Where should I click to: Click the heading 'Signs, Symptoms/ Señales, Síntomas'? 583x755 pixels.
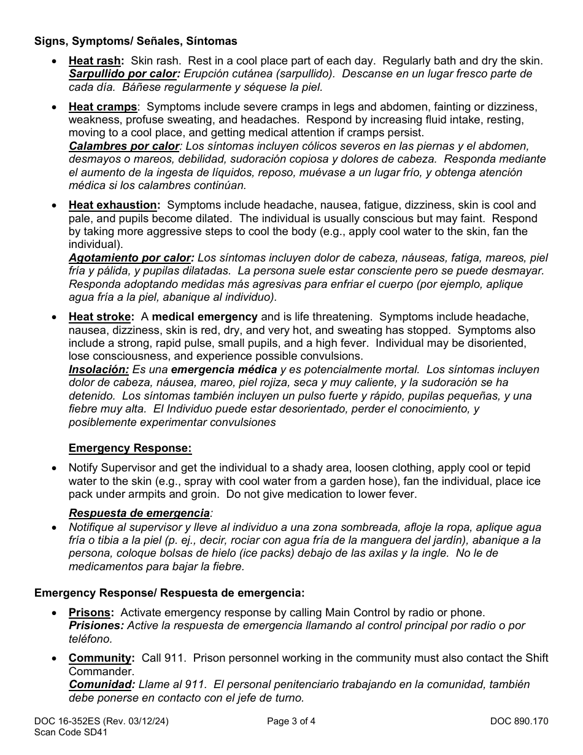pyautogui.click(x=136, y=42)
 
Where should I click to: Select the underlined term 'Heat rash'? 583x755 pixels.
pyautogui.click(x=95, y=61)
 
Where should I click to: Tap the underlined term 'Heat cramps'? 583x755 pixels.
pyautogui.click(x=102, y=107)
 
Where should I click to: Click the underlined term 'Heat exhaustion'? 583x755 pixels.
pyautogui.click(x=113, y=205)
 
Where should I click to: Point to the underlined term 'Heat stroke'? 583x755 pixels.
pyautogui.click(x=100, y=317)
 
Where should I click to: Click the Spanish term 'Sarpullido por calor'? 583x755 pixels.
pyautogui.click(x=123, y=74)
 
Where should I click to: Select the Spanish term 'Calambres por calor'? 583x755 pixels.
pyautogui.click(x=123, y=146)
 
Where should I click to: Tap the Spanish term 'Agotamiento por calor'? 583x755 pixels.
pyautogui.click(x=130, y=258)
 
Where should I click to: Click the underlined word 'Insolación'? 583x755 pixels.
pyautogui.click(x=98, y=370)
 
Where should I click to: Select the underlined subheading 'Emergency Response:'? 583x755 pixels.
pyautogui.click(x=130, y=448)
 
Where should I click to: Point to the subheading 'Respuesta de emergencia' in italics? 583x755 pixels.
pyautogui.click(x=139, y=513)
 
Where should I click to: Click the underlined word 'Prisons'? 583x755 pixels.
pyautogui.click(x=90, y=612)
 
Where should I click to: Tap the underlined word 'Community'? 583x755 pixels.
pyautogui.click(x=100, y=658)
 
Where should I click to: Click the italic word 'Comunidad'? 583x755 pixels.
pyautogui.click(x=101, y=684)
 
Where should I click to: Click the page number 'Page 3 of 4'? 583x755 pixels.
pyautogui.click(x=291, y=721)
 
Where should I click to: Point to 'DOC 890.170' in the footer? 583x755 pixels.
pyautogui.click(x=519, y=721)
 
